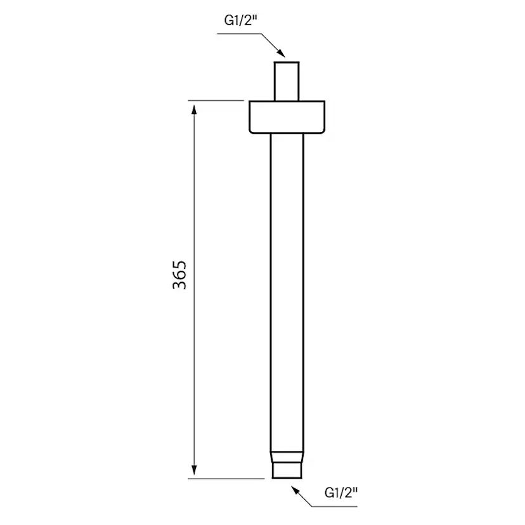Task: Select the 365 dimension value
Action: pyautogui.click(x=180, y=275)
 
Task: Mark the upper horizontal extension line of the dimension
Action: pyautogui.click(x=216, y=100)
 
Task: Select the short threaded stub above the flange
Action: pyautogui.click(x=287, y=81)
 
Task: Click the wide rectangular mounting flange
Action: pyautogui.click(x=287, y=117)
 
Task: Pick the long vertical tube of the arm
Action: pyautogui.click(x=287, y=285)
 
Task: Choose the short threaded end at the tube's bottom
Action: pyautogui.click(x=287, y=471)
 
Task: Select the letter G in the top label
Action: pyautogui.click(x=228, y=20)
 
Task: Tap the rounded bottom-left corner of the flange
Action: pyautogui.click(x=251, y=131)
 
